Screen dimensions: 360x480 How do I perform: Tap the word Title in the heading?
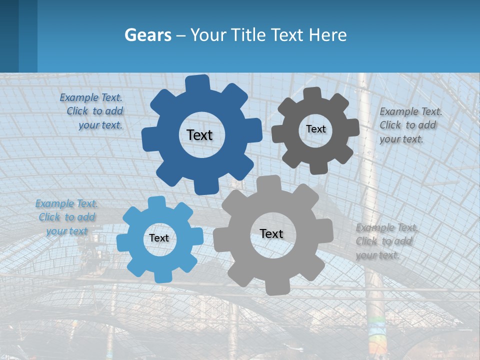coord(249,35)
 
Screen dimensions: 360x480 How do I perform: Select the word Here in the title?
coord(327,35)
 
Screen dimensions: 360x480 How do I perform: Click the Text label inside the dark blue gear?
coord(199,135)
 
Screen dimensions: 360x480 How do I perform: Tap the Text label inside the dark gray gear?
coord(315,129)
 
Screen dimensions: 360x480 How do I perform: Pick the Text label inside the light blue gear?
coord(159,238)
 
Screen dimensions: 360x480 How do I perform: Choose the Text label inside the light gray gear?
coord(271,233)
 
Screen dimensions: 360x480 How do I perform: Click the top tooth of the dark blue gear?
coord(197,82)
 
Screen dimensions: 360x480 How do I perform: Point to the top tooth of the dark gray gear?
coord(312,93)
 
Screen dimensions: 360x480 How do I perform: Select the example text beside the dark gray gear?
coord(410,125)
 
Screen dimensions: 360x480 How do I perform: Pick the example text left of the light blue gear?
coord(66,217)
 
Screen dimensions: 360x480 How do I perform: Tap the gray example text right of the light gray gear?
coord(386,241)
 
